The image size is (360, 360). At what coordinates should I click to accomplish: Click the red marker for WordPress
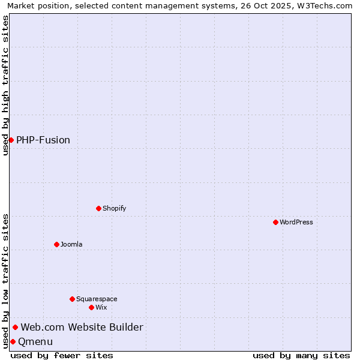tap(275, 222)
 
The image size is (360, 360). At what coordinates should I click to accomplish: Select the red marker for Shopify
tap(98, 208)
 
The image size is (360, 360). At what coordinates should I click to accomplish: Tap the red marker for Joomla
tap(56, 244)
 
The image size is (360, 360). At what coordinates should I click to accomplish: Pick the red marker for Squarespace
tap(72, 299)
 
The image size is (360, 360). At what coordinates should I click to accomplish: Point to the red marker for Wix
tap(91, 307)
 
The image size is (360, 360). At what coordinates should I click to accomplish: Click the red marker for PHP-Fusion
tap(11, 140)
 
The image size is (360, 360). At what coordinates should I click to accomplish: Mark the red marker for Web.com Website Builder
tap(15, 327)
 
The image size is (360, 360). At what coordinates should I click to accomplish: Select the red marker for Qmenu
tap(13, 341)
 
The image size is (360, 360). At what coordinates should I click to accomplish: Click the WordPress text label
tap(296, 222)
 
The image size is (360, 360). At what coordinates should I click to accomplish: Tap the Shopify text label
tap(115, 208)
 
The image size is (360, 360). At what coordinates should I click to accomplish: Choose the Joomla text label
tap(71, 244)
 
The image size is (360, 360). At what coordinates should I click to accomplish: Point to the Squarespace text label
tap(97, 299)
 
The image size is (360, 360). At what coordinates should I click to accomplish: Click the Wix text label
tap(101, 307)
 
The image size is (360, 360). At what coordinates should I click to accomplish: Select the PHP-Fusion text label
tap(43, 140)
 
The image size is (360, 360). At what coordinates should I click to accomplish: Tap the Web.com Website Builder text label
tap(82, 327)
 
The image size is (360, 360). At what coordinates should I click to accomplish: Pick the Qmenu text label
tap(35, 341)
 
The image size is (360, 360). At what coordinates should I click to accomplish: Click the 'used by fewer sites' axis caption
tap(62, 355)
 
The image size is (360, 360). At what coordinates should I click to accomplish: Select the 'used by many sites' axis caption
tap(301, 355)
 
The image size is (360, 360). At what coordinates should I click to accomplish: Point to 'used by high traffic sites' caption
tap(5, 85)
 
